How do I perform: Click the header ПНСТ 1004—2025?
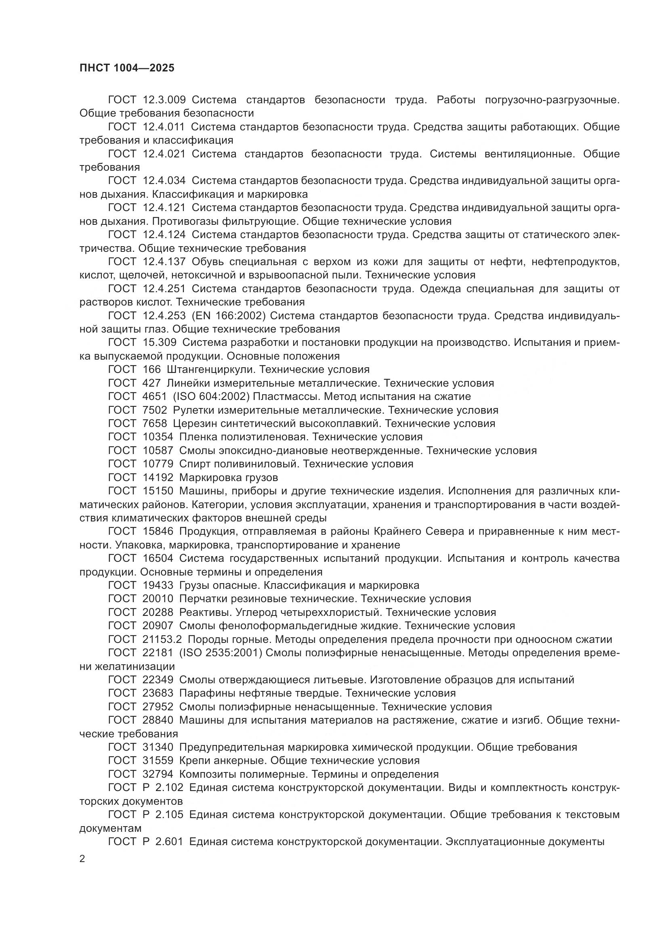pos(127,68)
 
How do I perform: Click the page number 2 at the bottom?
pos(82,859)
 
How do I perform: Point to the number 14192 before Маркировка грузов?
pos(158,478)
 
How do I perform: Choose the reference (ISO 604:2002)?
pos(211,397)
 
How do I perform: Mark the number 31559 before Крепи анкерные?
pos(158,761)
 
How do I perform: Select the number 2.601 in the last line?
pos(170,841)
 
